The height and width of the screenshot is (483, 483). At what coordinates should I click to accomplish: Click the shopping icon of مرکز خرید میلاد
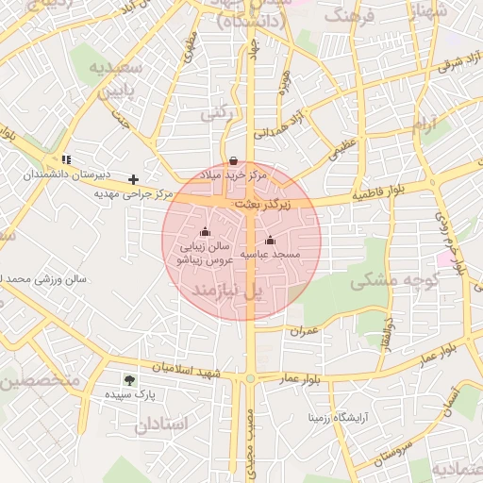click(234, 161)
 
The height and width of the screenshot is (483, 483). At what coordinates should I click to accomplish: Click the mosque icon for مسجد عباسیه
click(271, 240)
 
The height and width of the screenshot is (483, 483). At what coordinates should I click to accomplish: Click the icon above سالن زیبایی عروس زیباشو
click(206, 231)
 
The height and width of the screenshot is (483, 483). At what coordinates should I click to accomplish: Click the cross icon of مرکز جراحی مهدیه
click(134, 178)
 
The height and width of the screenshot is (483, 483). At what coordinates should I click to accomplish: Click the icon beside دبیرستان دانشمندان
click(66, 160)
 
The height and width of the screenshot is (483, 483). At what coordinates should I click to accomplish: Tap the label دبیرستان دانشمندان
click(67, 175)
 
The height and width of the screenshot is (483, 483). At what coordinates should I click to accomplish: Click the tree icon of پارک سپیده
click(129, 380)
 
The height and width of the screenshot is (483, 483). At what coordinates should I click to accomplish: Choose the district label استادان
click(161, 425)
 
